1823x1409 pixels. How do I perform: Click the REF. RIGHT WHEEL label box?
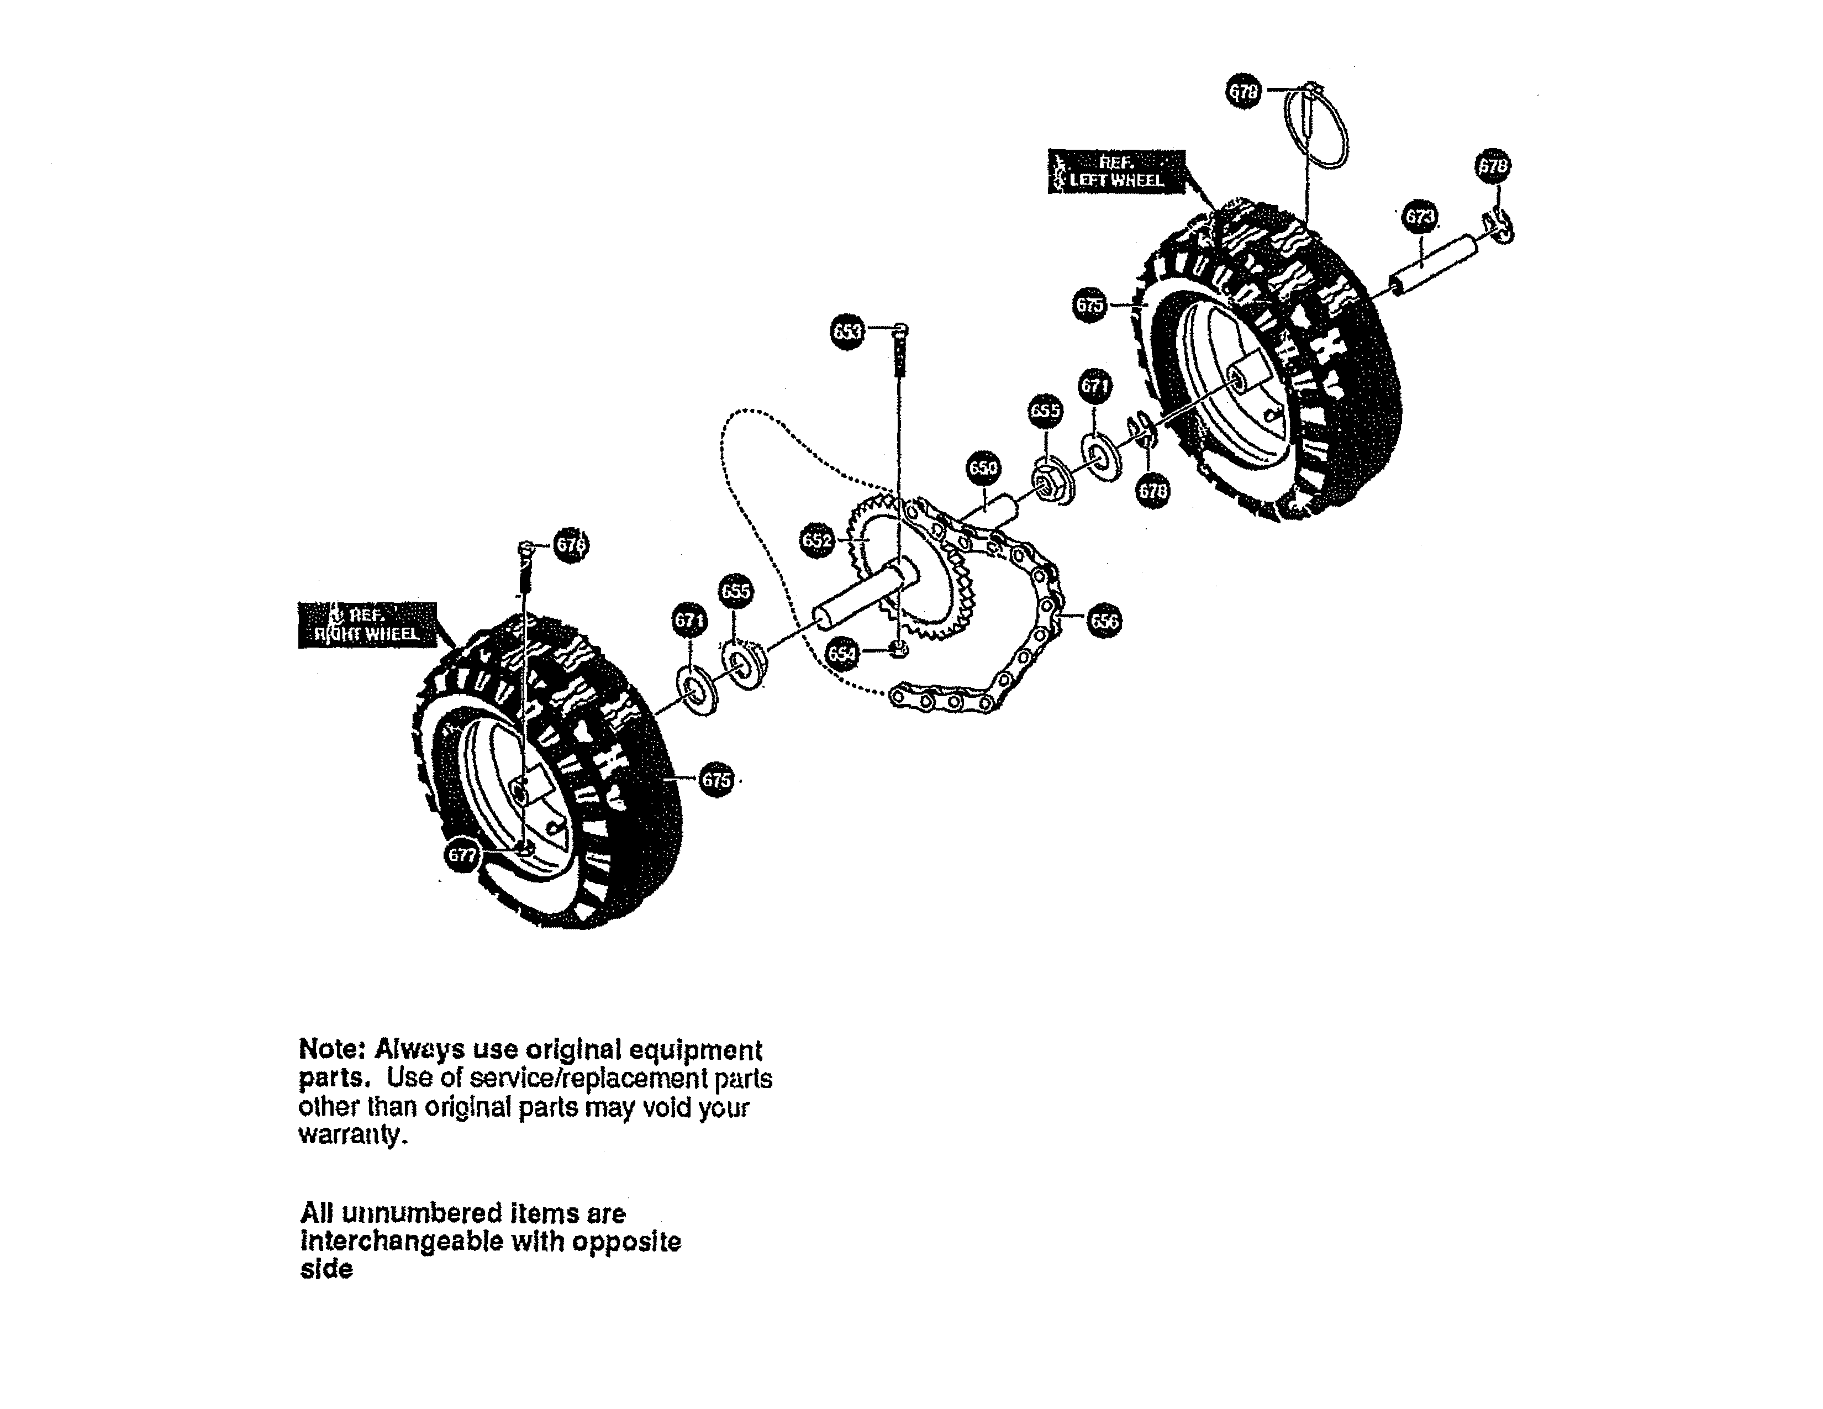click(367, 624)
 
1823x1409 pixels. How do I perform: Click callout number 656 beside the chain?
click(1104, 621)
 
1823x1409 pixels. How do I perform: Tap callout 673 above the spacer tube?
click(1420, 218)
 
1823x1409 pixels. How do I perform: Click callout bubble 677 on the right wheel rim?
click(462, 855)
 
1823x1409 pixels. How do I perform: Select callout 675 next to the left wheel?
click(1089, 306)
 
